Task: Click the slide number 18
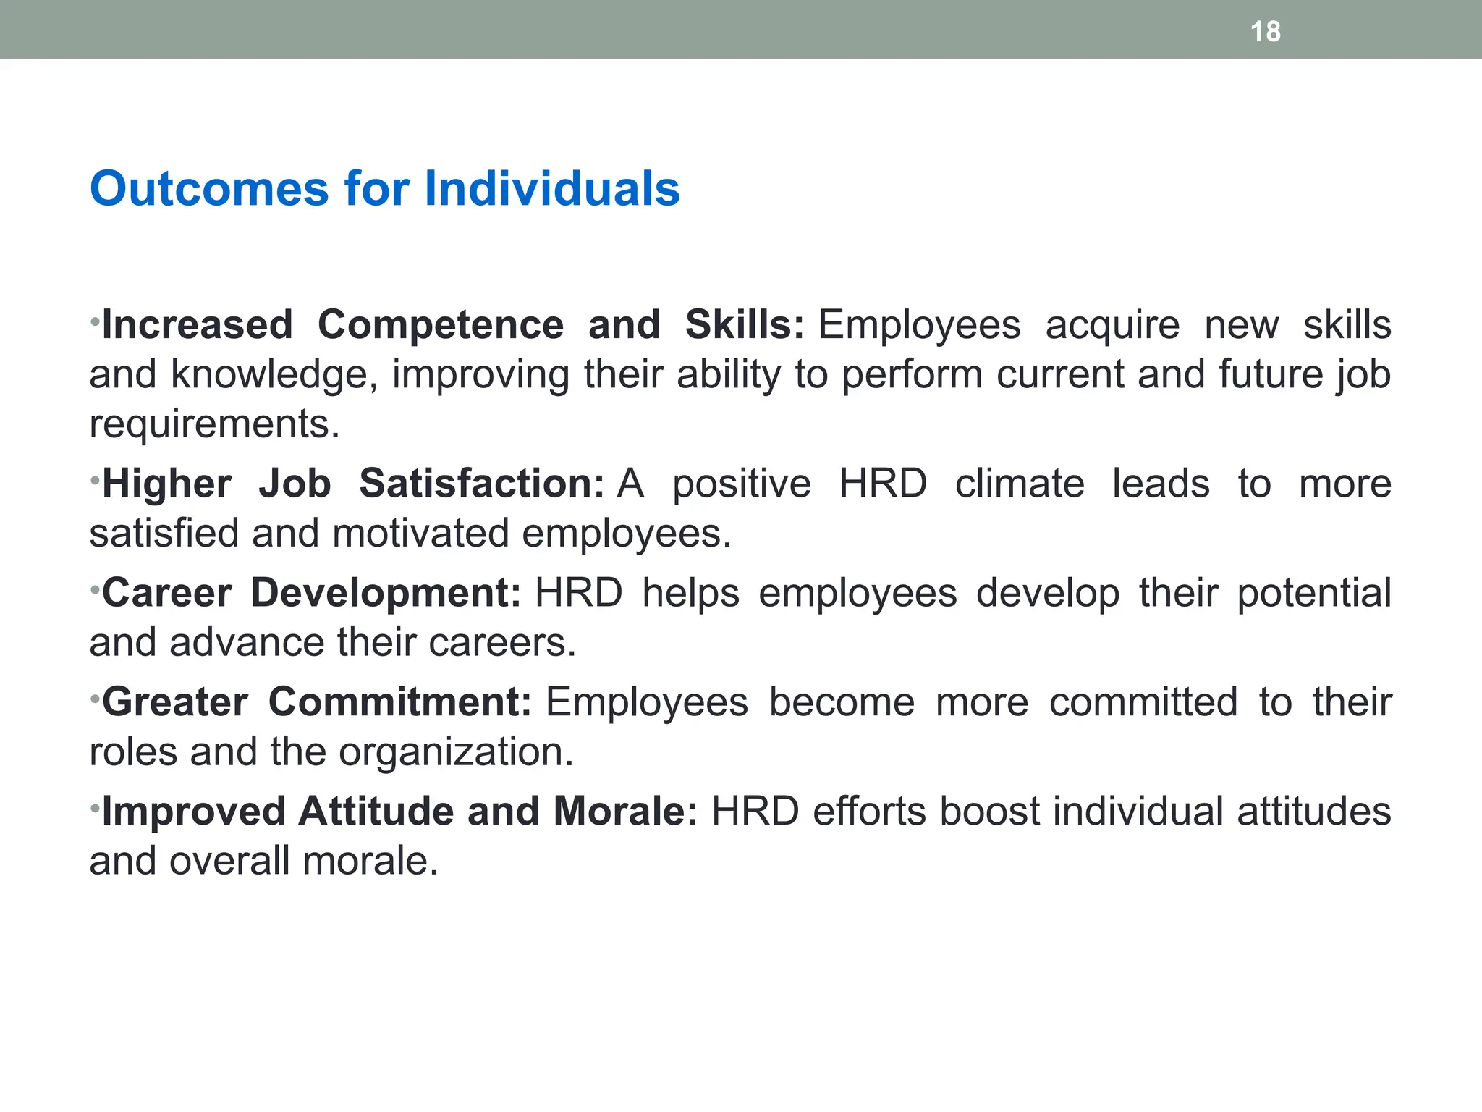coord(1265,32)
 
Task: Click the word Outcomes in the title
coord(209,189)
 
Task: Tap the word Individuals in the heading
coord(551,189)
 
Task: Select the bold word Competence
coord(440,325)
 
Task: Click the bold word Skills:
coord(744,325)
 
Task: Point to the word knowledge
coord(274,375)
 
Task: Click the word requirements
coord(214,424)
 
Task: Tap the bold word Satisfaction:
coord(481,484)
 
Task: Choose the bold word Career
coord(166,593)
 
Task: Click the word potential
coord(1313,593)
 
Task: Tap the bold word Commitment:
coord(399,702)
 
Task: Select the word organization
coord(456,752)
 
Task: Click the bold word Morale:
coord(625,812)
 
